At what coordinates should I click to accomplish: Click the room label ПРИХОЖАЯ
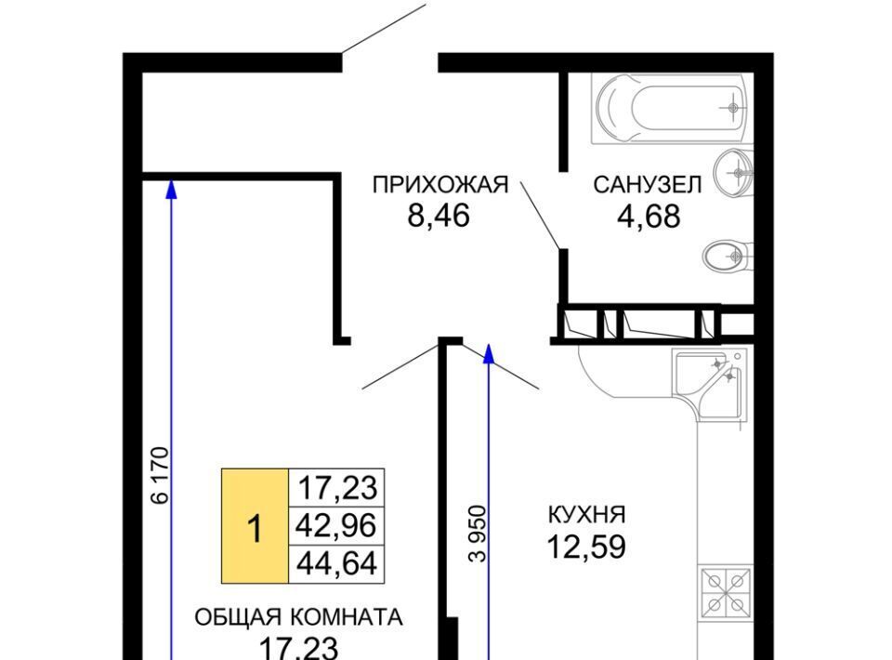pos(439,185)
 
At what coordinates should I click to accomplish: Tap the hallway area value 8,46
pos(439,216)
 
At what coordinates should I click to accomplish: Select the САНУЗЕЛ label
pos(648,185)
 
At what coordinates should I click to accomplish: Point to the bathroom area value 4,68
pos(649,217)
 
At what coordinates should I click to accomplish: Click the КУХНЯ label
pos(586,514)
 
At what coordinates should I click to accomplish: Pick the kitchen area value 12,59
pos(586,547)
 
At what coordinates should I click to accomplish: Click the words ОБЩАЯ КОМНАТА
pos(298,617)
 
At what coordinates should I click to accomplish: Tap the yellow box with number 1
pos(255,526)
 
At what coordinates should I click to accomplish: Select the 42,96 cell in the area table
pos(336,525)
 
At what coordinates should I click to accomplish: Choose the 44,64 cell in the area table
pos(336,564)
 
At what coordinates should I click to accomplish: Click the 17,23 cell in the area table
pos(336,488)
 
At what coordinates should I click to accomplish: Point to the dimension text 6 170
pos(161,476)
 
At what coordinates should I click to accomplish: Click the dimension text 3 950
pos(478,534)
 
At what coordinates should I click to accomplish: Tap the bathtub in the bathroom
pos(668,108)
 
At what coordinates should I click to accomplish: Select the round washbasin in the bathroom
pos(734,173)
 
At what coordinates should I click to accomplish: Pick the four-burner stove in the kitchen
pos(726,593)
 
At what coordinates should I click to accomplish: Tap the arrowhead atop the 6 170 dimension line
pos(171,189)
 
